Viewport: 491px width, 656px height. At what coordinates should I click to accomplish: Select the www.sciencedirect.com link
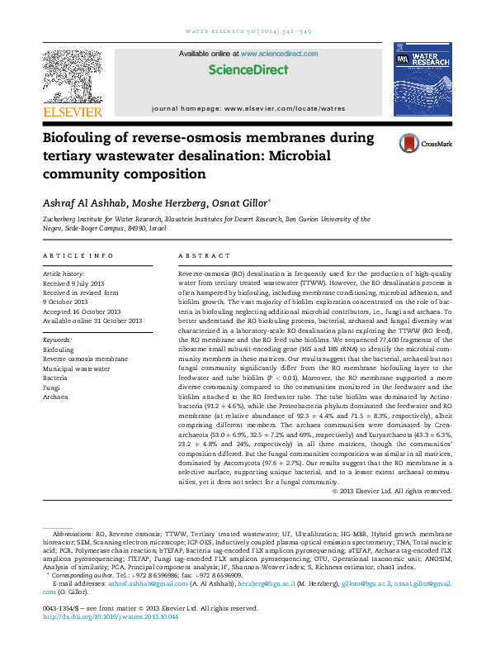pos(276,54)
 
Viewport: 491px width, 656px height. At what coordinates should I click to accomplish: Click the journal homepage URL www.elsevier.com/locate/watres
pos(285,108)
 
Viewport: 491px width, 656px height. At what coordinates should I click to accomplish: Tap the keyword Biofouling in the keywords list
pos(59,350)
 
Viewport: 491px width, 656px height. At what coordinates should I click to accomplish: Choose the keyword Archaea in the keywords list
pos(56,397)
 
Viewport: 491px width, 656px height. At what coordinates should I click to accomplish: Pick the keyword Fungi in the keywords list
pos(52,386)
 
